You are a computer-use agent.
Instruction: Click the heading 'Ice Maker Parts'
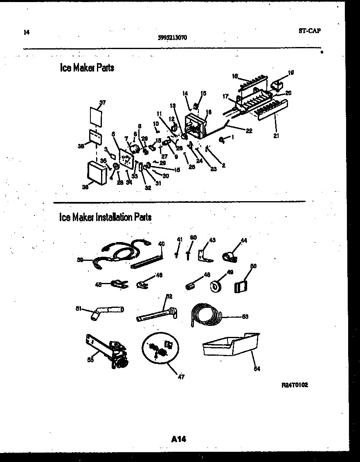coord(87,68)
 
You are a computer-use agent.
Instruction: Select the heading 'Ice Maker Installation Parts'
coord(105,217)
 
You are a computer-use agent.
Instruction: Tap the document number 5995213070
coord(173,37)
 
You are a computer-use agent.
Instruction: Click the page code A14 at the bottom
coord(178,439)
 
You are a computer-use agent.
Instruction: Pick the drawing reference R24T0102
coord(295,385)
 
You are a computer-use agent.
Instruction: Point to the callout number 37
coord(102,103)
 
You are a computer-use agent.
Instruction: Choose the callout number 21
coord(276,136)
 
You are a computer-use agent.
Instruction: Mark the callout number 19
coord(291,73)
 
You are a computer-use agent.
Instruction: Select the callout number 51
coord(78,309)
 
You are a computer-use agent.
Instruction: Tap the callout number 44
coord(244,240)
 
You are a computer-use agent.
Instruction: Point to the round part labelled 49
coord(216,286)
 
